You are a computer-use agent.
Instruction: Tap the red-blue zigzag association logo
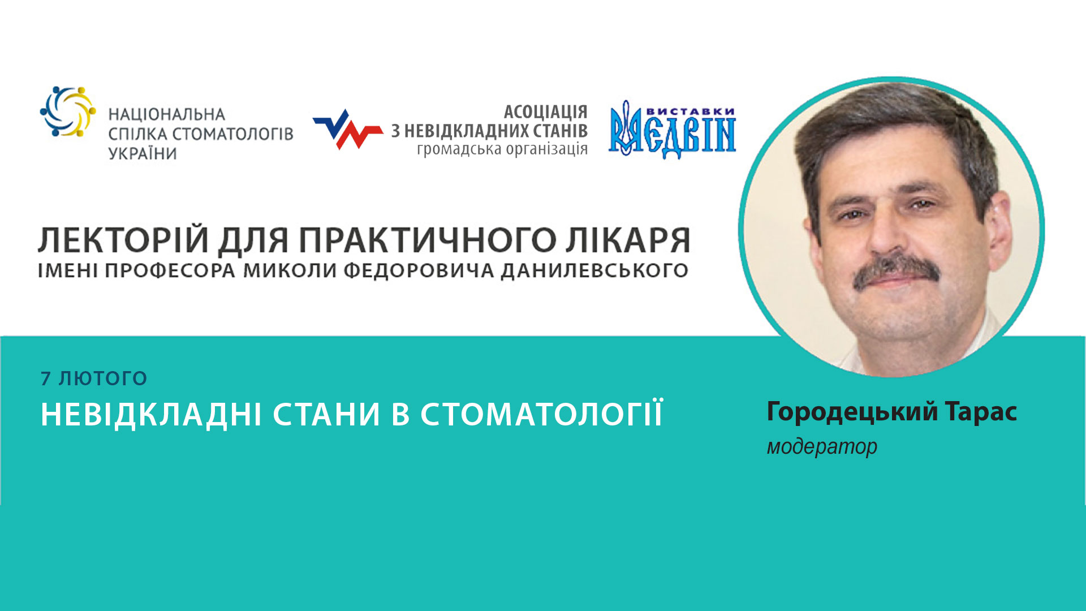tap(347, 130)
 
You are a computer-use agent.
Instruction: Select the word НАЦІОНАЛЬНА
tap(167, 115)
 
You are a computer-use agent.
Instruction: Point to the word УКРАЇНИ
tap(143, 153)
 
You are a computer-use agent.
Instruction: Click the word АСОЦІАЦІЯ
tap(545, 111)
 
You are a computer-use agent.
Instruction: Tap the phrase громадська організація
tap(502, 149)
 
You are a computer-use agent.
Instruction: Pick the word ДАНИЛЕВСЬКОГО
tap(594, 270)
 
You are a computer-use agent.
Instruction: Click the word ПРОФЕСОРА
tap(170, 270)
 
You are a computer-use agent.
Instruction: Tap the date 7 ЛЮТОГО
tap(94, 378)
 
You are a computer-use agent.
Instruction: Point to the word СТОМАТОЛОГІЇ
tap(541, 414)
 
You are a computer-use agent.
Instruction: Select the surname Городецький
tap(852, 412)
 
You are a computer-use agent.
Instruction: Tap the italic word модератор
tap(822, 447)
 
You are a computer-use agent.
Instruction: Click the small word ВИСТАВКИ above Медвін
tap(690, 111)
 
